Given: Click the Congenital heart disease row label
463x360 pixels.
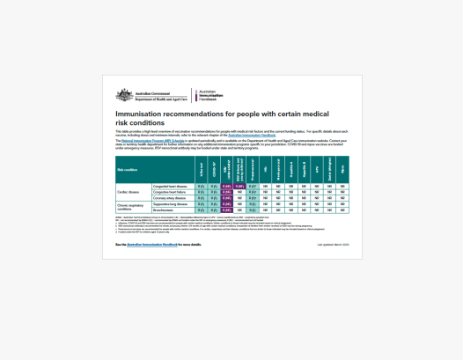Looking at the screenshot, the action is pyautogui.click(x=173, y=187).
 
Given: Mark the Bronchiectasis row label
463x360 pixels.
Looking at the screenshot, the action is pyautogui.click(x=166, y=210).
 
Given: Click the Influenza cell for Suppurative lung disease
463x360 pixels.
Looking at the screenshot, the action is pyautogui.click(x=201, y=204).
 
